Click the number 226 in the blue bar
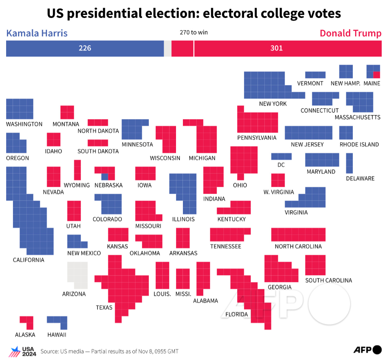pyautogui.click(x=85, y=48)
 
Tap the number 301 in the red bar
pyautogui.click(x=276, y=48)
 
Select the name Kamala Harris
pyautogui.click(x=37, y=33)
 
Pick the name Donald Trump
pyautogui.click(x=351, y=33)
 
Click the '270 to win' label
pyautogui.click(x=194, y=32)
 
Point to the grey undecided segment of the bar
pyautogui.click(x=168, y=49)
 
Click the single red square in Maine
pyautogui.click(x=377, y=75)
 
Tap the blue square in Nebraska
pyautogui.click(x=104, y=177)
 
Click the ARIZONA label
pyautogui.click(x=74, y=294)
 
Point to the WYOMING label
pyautogui.click(x=77, y=185)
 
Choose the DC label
pyautogui.click(x=281, y=165)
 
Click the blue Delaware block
pyautogui.click(x=349, y=163)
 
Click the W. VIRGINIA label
pyautogui.click(x=279, y=192)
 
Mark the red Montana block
pyautogui.click(x=67, y=112)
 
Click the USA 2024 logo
pyautogui.click(x=23, y=351)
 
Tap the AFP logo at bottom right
pyautogui.click(x=367, y=350)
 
